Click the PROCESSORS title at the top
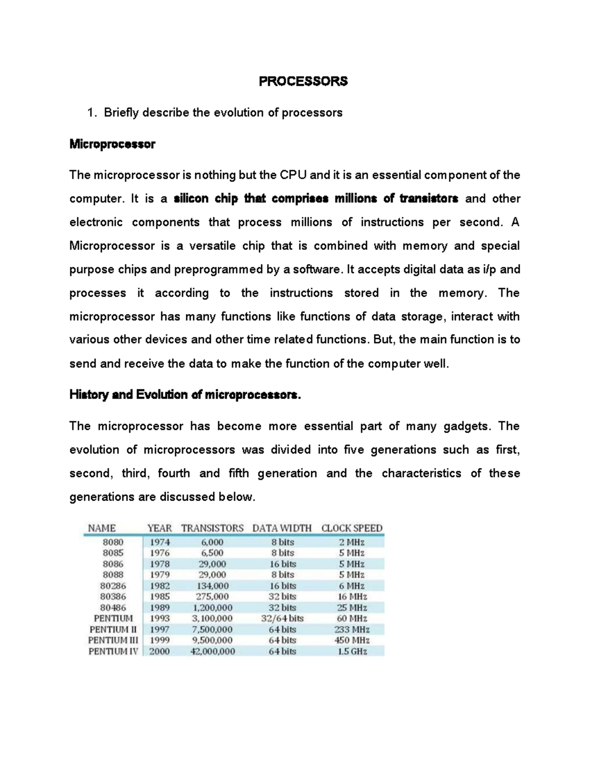pyautogui.click(x=303, y=82)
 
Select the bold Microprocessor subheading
pyautogui.click(x=112, y=144)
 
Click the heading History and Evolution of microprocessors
pyautogui.click(x=184, y=395)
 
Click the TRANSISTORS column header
pyautogui.click(x=212, y=528)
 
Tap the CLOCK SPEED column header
pyautogui.click(x=352, y=528)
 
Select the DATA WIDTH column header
pyautogui.click(x=282, y=528)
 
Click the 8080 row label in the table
pyautogui.click(x=113, y=542)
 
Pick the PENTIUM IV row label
pyautogui.click(x=113, y=651)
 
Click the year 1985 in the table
pyautogui.click(x=160, y=596)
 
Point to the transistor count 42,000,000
pyautogui.click(x=212, y=651)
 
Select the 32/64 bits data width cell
pyautogui.click(x=282, y=619)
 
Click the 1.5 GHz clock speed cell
pyautogui.click(x=352, y=651)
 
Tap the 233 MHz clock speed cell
pyautogui.click(x=352, y=629)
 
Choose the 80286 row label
pyautogui.click(x=113, y=586)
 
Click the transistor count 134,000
pyautogui.click(x=212, y=586)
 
